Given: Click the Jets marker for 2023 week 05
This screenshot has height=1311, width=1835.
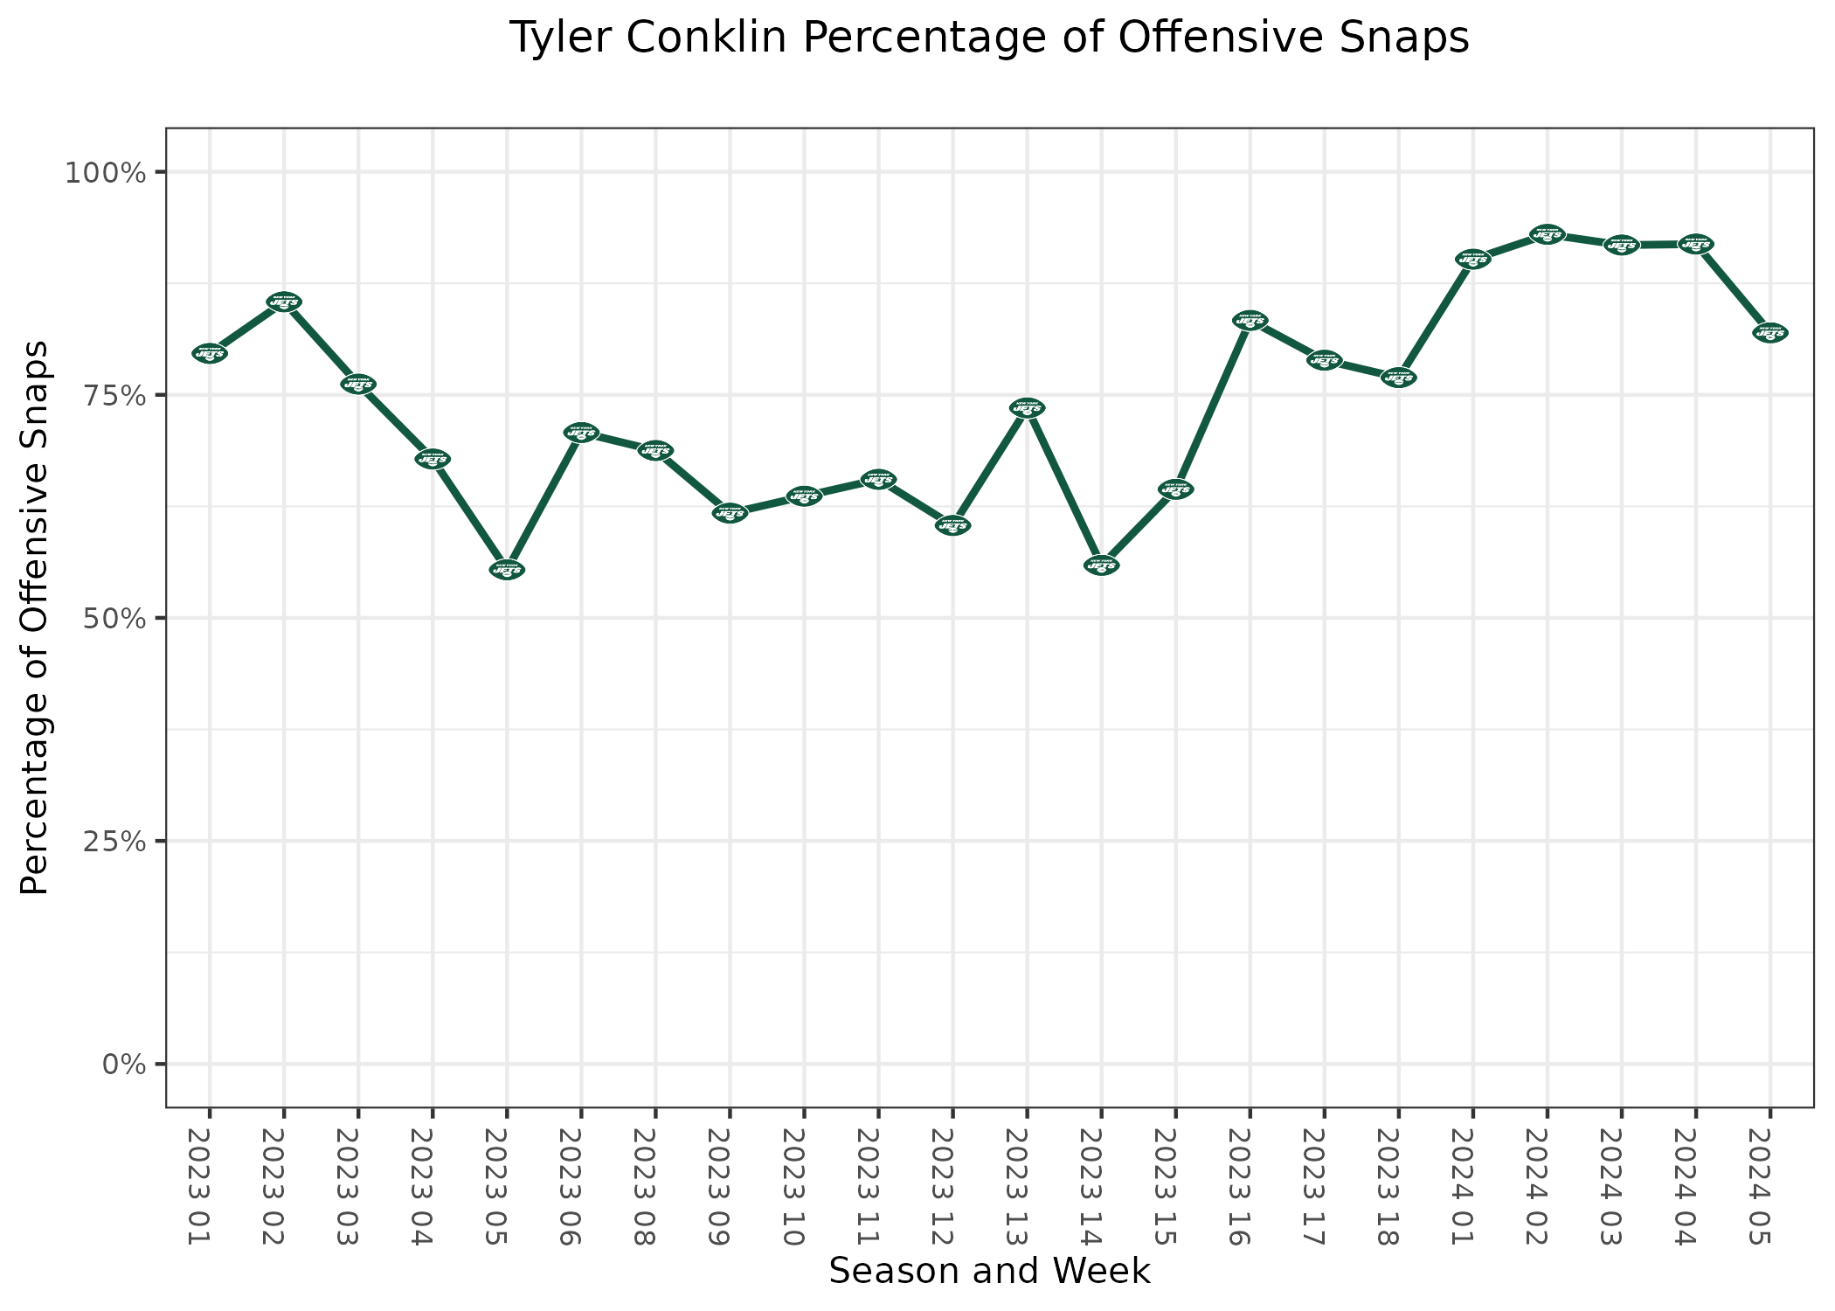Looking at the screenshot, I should (507, 570).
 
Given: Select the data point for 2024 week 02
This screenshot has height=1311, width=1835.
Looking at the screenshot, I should (1548, 234).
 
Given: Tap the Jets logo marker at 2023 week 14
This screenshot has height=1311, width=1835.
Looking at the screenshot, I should (1101, 565).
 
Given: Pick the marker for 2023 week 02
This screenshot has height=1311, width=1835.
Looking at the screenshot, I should (284, 302).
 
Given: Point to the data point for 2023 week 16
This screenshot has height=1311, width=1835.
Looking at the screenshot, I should (1250, 320).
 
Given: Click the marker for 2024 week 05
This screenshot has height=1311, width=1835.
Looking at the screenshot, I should (1770, 333).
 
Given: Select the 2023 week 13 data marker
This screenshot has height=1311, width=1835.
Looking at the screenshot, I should (1027, 407).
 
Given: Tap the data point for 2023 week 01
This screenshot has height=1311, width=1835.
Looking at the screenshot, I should (210, 353).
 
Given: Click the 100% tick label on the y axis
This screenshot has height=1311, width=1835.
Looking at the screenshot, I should (104, 172).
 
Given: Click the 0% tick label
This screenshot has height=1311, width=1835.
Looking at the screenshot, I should (122, 1064).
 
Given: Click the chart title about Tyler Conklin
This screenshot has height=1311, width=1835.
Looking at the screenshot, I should (988, 38).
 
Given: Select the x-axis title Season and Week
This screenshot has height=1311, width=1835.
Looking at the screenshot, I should (989, 1272).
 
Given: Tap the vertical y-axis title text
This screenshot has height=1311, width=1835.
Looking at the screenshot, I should (35, 617).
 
